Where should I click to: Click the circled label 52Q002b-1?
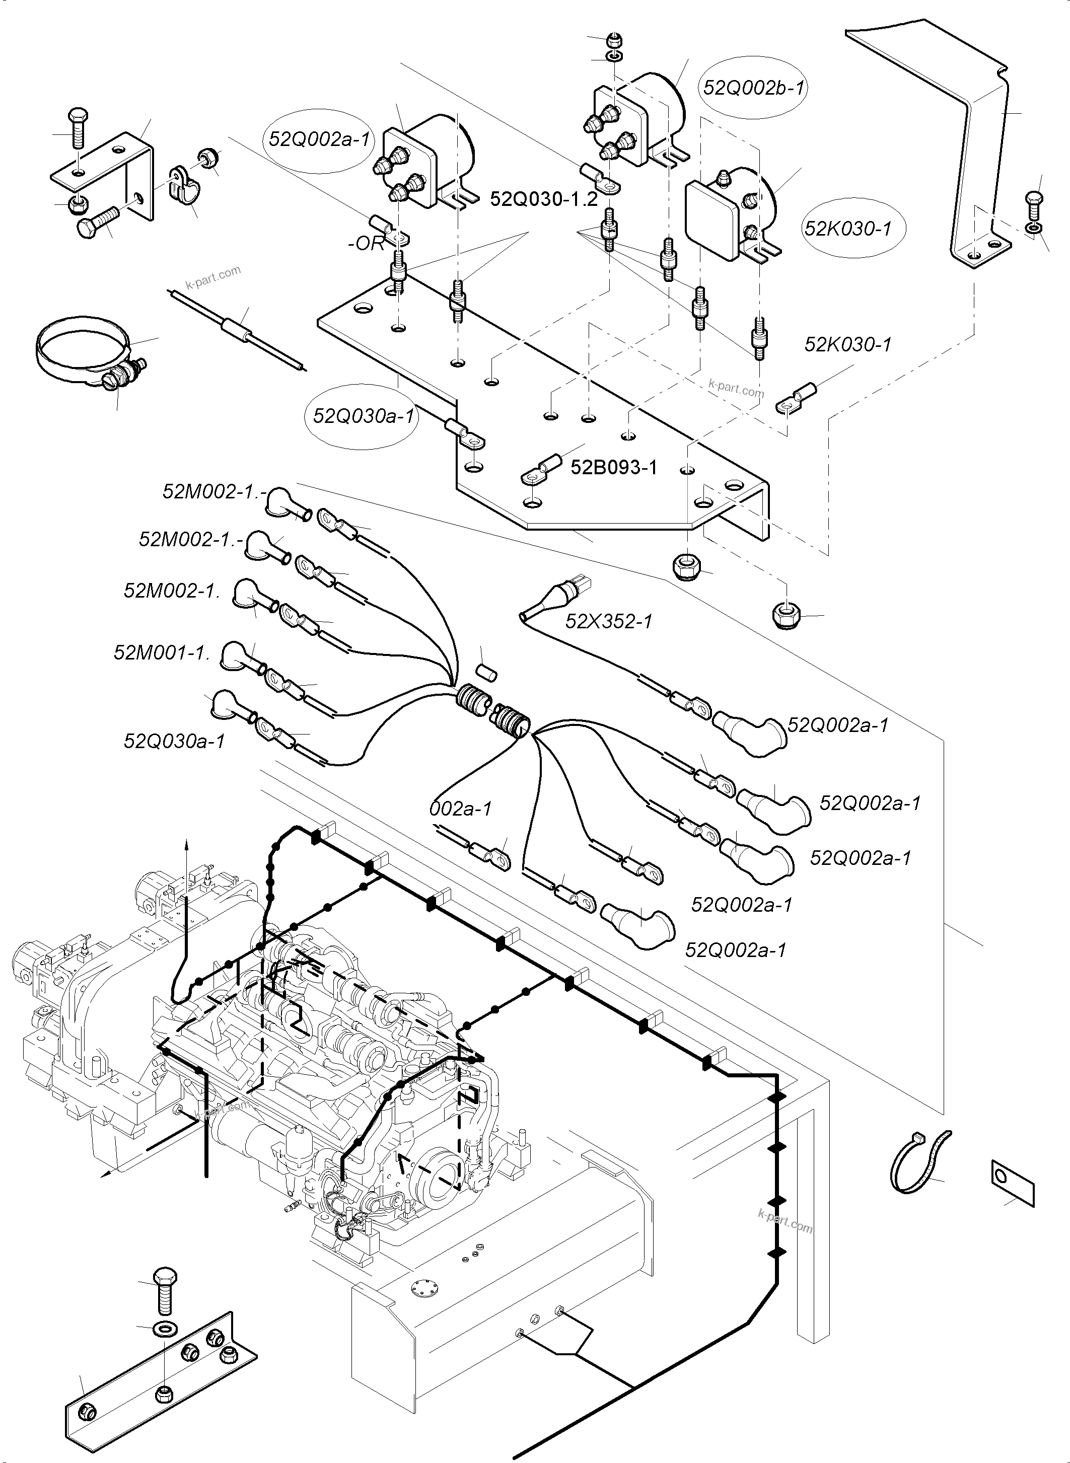pyautogui.click(x=754, y=88)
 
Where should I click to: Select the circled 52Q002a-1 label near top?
pyautogui.click(x=319, y=139)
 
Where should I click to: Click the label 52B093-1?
pyautogui.click(x=613, y=467)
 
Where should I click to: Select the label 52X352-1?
pyautogui.click(x=609, y=622)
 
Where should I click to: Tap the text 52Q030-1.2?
pyautogui.click(x=543, y=199)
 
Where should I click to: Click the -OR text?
pyautogui.click(x=366, y=244)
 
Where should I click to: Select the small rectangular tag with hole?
pyautogui.click(x=1013, y=1182)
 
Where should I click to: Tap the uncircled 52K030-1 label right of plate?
pyautogui.click(x=848, y=344)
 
